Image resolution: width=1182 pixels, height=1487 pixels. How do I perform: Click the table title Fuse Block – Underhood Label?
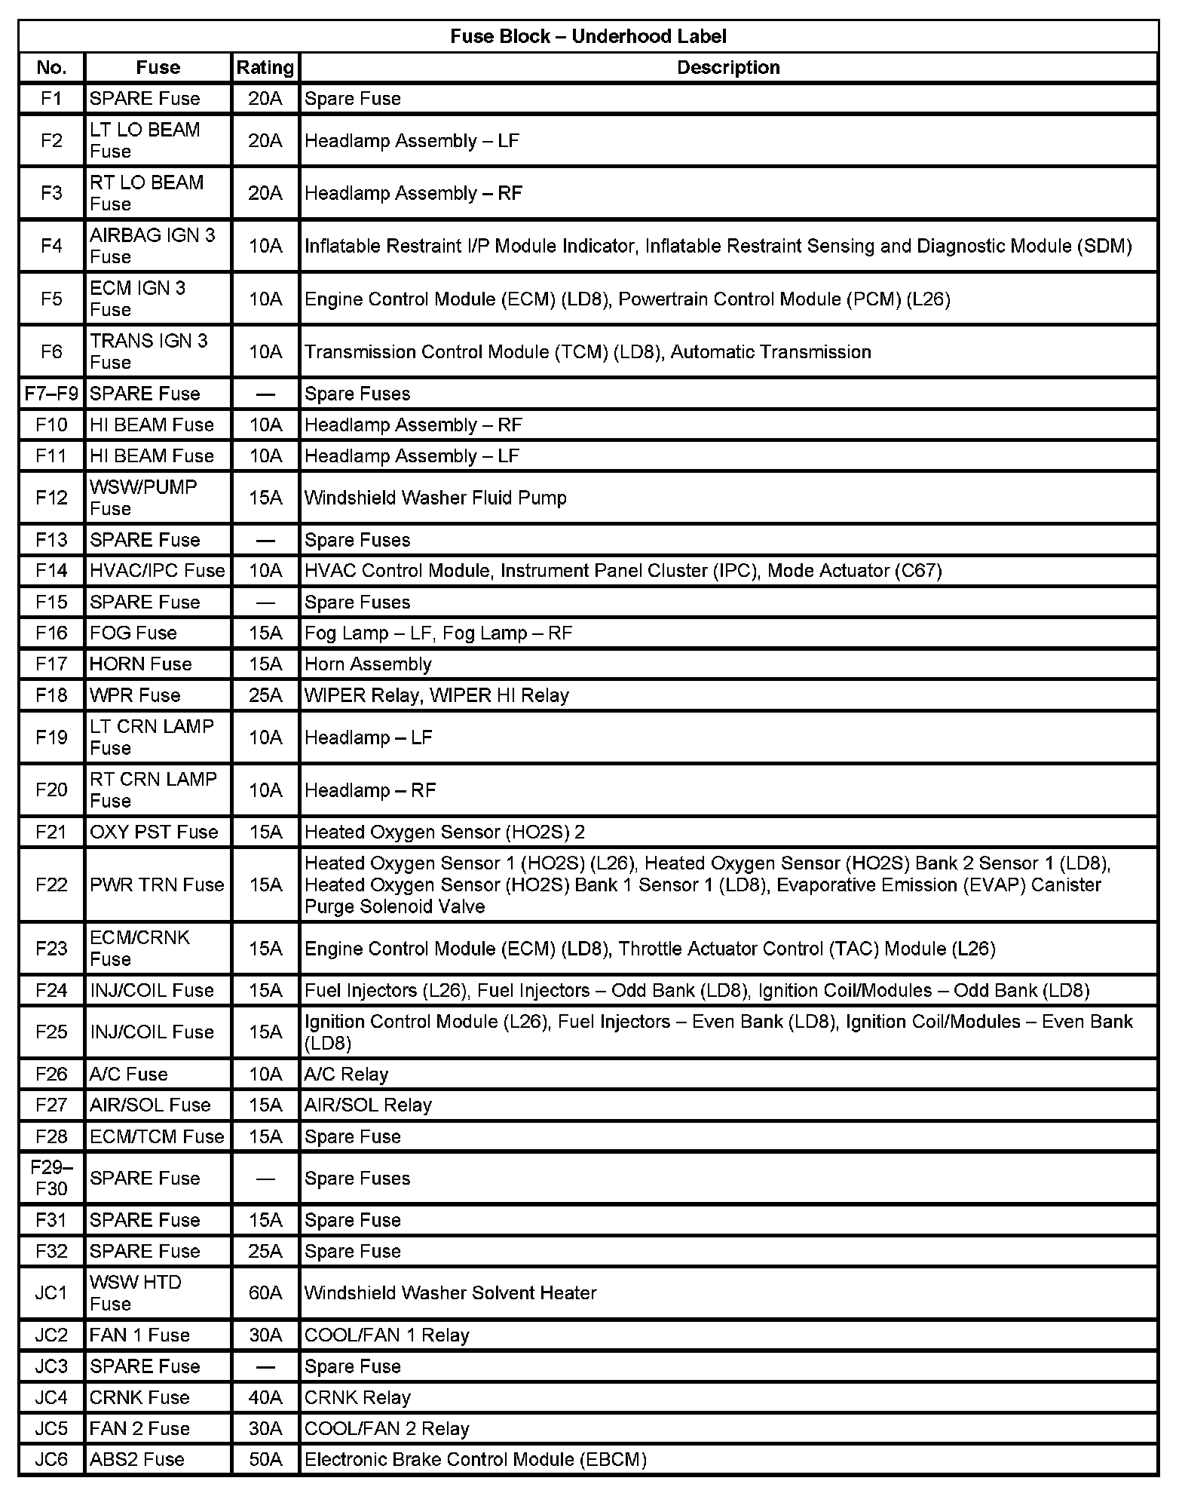pyautogui.click(x=588, y=36)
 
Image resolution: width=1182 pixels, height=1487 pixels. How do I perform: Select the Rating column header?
pyautogui.click(x=265, y=68)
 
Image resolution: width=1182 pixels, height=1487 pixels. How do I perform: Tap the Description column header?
pyautogui.click(x=727, y=68)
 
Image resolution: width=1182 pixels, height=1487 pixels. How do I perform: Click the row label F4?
pyautogui.click(x=51, y=246)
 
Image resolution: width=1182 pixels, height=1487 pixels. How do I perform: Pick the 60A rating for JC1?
pyautogui.click(x=265, y=1292)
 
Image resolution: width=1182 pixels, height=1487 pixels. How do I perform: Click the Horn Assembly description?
pyautogui.click(x=368, y=664)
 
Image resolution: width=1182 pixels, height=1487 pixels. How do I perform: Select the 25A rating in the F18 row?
pyautogui.click(x=265, y=695)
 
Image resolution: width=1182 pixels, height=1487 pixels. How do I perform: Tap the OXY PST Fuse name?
pyautogui.click(x=154, y=832)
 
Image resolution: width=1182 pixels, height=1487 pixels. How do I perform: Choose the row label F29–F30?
pyautogui.click(x=51, y=1178)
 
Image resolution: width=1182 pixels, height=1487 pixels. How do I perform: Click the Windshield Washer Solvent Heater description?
pyautogui.click(x=450, y=1292)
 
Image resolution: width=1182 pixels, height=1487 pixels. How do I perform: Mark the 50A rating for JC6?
pyautogui.click(x=265, y=1459)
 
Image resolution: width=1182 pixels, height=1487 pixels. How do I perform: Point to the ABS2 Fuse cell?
pyautogui.click(x=136, y=1459)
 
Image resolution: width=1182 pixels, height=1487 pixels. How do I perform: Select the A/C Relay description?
pyautogui.click(x=346, y=1074)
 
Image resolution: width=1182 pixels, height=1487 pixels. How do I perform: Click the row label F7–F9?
pyautogui.click(x=51, y=394)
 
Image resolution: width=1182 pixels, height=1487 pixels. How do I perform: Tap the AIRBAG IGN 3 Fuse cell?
pyautogui.click(x=152, y=246)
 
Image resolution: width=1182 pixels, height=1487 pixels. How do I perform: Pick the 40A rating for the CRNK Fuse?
pyautogui.click(x=265, y=1397)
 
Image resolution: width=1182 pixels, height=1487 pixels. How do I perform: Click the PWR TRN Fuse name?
pyautogui.click(x=157, y=885)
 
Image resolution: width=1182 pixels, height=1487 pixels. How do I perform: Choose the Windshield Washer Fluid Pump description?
pyautogui.click(x=435, y=498)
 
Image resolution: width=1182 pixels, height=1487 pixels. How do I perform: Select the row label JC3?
pyautogui.click(x=51, y=1366)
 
